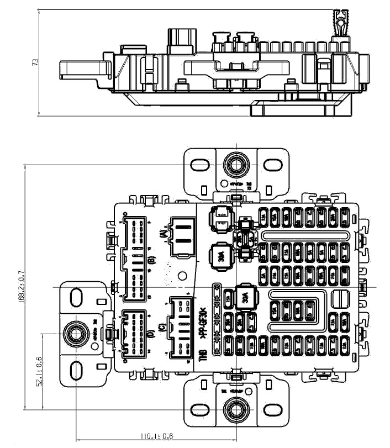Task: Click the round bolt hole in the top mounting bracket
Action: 235,165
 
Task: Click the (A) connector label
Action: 163,234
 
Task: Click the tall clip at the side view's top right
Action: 340,25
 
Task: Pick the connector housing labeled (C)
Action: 181,327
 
